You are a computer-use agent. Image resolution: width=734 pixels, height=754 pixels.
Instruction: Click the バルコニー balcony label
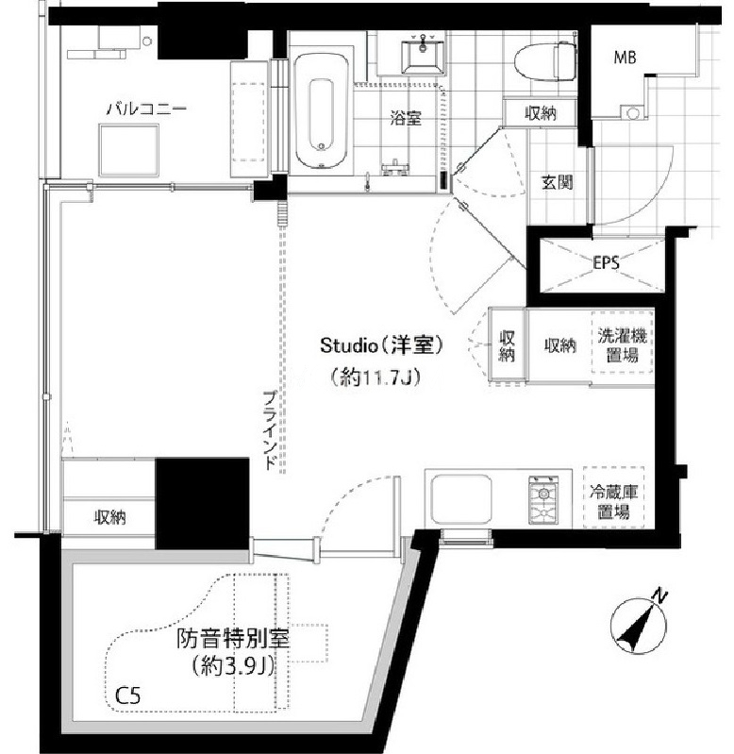tap(146, 109)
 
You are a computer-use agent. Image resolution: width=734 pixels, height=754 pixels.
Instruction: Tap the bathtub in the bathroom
tap(321, 110)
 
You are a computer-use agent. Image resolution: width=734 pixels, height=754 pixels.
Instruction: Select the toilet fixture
tap(544, 62)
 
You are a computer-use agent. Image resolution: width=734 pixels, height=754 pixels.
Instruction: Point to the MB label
tap(625, 58)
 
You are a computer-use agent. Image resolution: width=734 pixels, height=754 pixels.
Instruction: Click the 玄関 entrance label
tap(558, 182)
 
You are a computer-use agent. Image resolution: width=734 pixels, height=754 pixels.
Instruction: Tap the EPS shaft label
tap(606, 263)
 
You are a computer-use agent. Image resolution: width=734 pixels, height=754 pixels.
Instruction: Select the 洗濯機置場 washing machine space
tap(622, 343)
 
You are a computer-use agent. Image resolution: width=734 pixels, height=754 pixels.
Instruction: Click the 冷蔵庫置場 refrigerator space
tap(614, 497)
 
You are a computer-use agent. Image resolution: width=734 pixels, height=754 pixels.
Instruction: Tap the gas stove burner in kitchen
tap(543, 499)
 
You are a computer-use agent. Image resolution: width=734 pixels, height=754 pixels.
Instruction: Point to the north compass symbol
tap(640, 623)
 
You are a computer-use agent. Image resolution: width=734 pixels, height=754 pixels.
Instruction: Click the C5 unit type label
tap(128, 695)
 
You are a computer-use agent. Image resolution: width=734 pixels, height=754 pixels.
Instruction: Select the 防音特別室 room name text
tap(233, 639)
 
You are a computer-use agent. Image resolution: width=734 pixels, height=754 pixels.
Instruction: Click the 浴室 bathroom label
tap(406, 118)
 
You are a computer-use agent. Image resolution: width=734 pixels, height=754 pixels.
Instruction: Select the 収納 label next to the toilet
tap(541, 113)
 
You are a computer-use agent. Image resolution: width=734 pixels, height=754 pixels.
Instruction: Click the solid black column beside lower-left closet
tap(202, 504)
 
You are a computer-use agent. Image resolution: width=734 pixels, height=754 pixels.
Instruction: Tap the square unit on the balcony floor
tap(129, 150)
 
